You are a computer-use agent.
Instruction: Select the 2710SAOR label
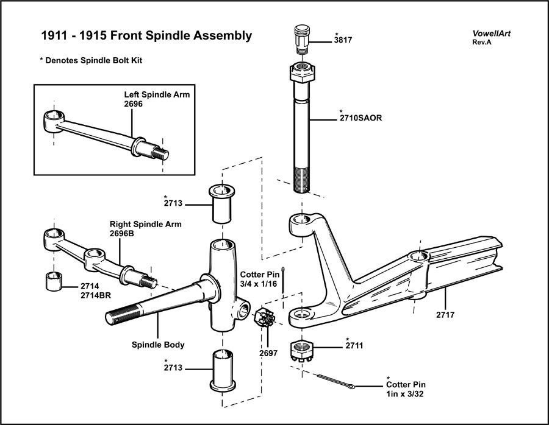tap(361, 118)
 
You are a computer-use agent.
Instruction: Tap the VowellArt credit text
tap(491, 33)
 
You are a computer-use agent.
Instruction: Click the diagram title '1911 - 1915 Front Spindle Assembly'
tap(146, 35)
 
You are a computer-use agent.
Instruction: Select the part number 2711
tap(354, 346)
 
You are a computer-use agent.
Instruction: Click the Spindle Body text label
tap(158, 345)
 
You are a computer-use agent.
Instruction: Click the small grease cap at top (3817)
tap(303, 38)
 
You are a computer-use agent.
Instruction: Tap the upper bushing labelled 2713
tap(223, 203)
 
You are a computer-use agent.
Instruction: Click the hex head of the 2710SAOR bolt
tap(303, 76)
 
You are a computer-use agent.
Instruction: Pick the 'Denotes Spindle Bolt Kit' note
tap(95, 61)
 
